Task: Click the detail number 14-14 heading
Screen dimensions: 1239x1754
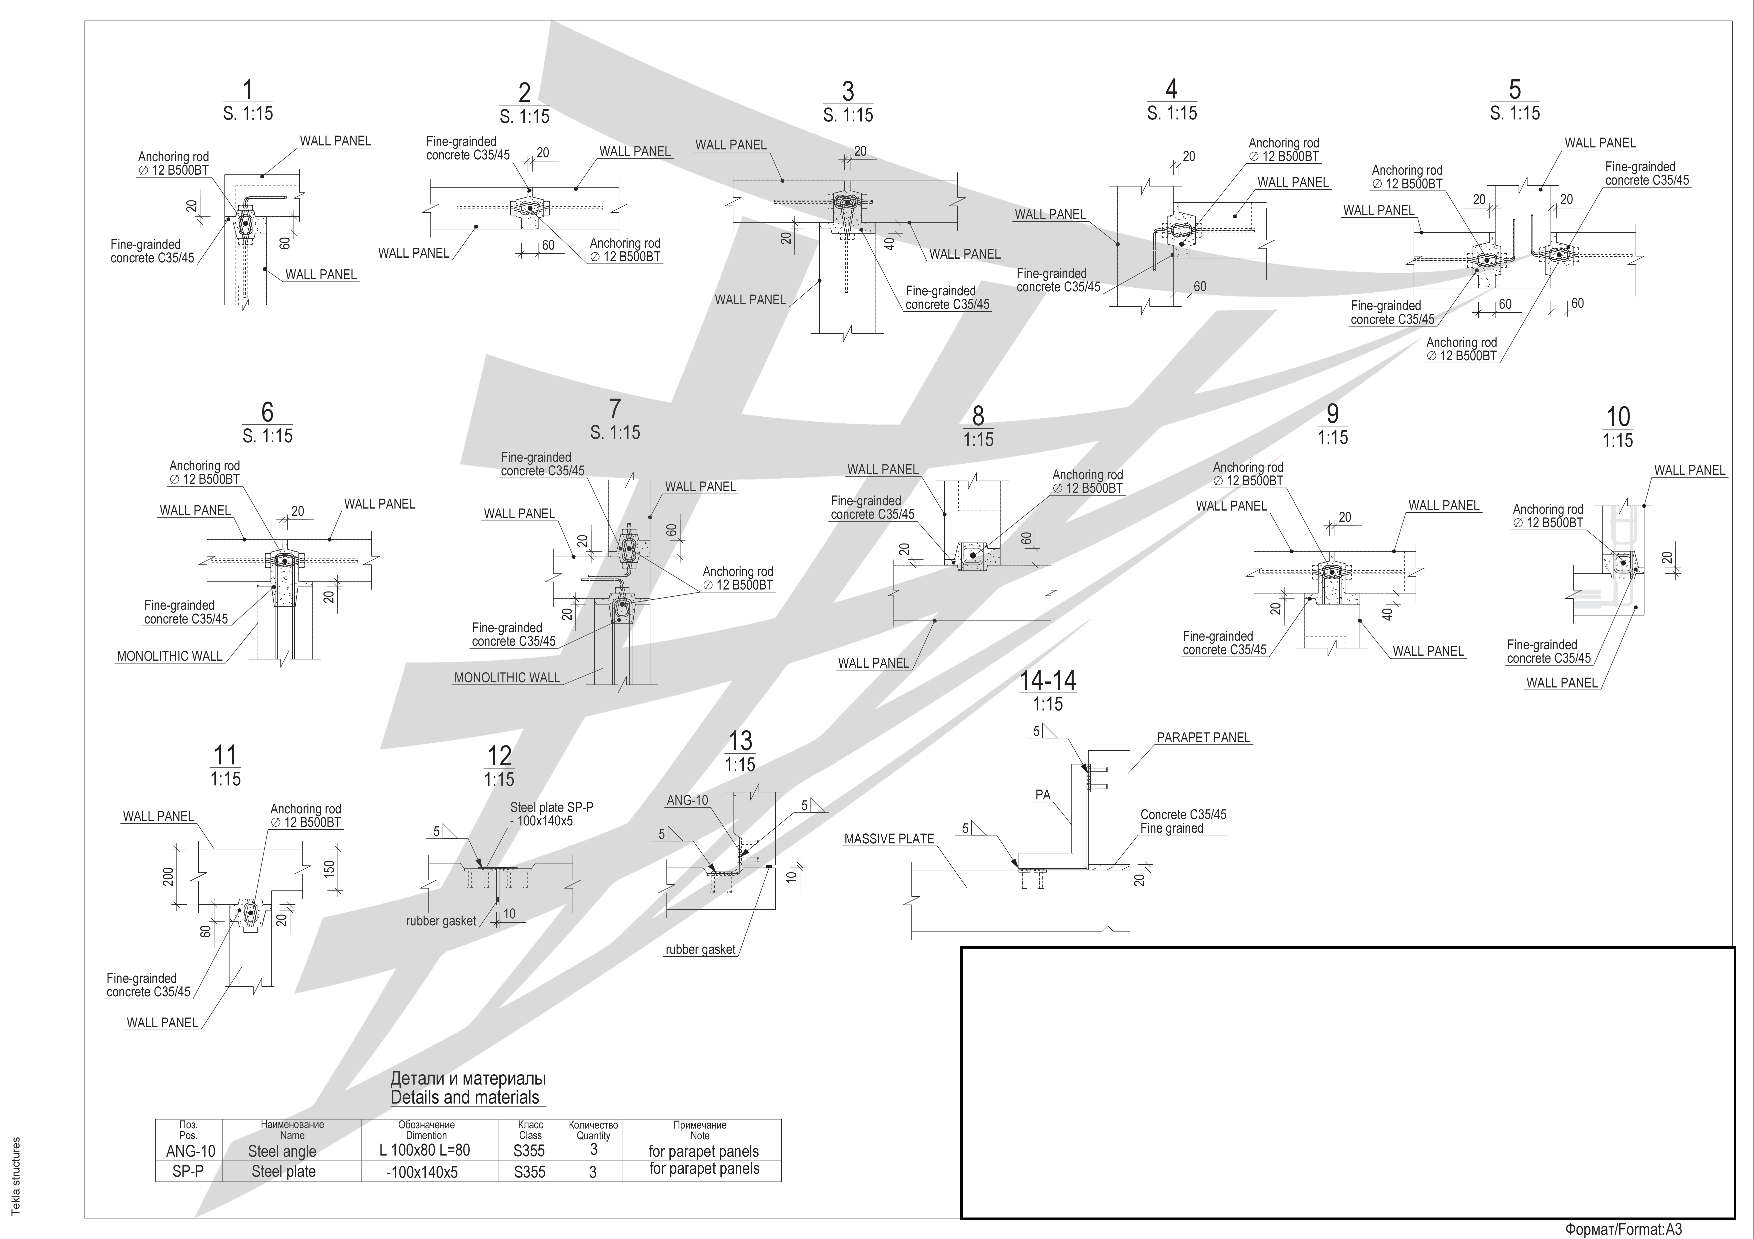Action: tap(1047, 680)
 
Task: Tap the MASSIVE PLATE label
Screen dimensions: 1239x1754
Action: tap(888, 839)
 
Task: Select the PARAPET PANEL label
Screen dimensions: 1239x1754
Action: tap(1203, 738)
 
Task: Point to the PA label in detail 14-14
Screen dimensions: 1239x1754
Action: tap(1043, 795)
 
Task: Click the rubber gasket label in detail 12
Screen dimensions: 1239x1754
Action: tap(441, 921)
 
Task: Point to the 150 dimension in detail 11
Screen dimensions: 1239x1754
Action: tap(330, 869)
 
